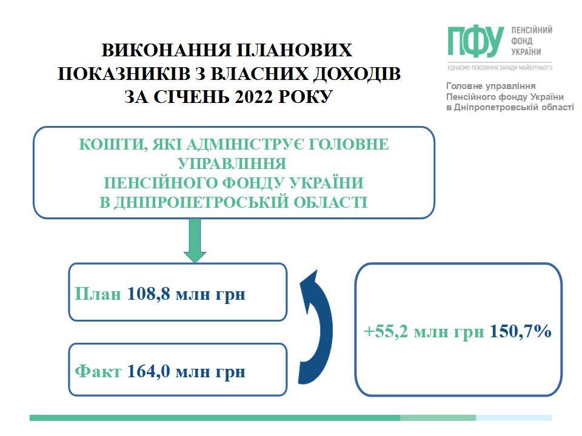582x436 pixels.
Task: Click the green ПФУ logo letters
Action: (475, 42)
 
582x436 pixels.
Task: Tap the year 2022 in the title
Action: (254, 96)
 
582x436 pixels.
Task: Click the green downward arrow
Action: (195, 240)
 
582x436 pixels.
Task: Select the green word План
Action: (98, 294)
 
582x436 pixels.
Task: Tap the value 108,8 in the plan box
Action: (149, 294)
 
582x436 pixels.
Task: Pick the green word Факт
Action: (98, 371)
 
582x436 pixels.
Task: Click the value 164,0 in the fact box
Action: (149, 371)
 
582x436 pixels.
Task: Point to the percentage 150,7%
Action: (520, 331)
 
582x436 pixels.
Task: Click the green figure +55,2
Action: (386, 331)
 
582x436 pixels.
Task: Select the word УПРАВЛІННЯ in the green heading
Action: (232, 163)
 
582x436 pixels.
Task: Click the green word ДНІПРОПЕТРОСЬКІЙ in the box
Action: (201, 202)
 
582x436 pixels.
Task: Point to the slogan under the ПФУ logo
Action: (500, 68)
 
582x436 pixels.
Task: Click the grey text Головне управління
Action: (490, 86)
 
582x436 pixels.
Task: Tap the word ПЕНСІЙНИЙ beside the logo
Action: (532, 30)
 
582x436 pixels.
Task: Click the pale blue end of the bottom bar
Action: (513, 418)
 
